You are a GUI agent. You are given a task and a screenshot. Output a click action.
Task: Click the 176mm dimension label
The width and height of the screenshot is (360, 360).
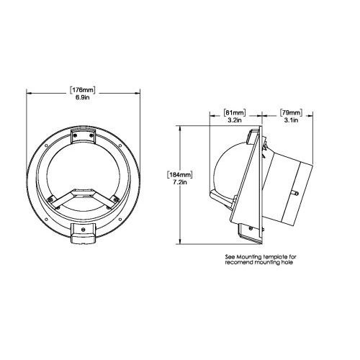(x=83, y=90)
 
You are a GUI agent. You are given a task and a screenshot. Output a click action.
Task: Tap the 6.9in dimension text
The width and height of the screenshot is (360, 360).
(x=83, y=97)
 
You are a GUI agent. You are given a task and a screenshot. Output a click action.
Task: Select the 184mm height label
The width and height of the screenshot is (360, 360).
(x=179, y=175)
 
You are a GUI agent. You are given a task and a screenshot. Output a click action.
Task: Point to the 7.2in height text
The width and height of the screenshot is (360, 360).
(x=180, y=182)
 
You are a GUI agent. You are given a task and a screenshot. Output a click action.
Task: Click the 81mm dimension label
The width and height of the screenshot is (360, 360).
(x=235, y=112)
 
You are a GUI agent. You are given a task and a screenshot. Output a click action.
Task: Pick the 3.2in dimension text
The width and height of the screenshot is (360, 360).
(x=235, y=120)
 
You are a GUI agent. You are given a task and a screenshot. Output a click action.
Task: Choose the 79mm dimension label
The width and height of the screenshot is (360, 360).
(x=291, y=112)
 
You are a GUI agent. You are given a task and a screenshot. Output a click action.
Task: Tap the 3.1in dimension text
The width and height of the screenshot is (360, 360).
(x=291, y=120)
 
